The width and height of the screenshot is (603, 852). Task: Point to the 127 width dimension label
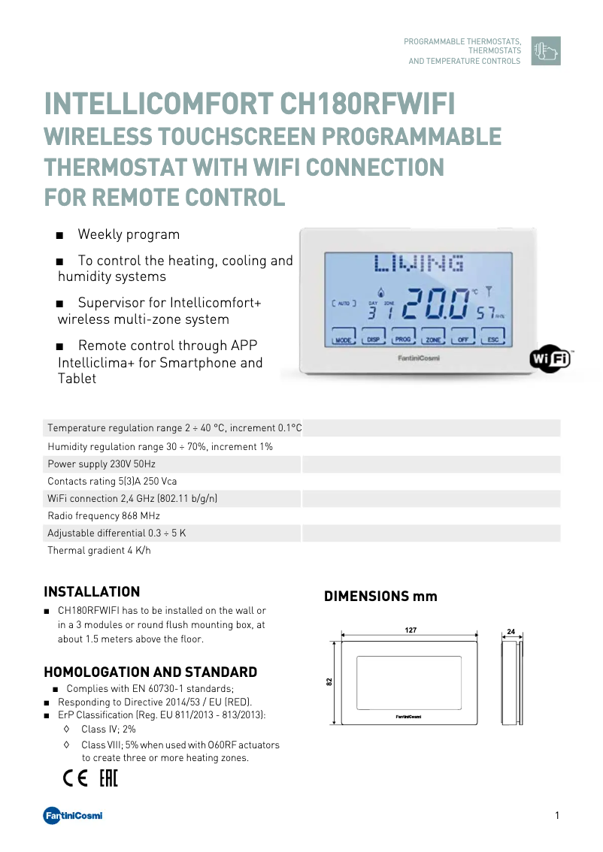tap(411, 630)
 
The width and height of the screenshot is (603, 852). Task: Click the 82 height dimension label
tap(329, 681)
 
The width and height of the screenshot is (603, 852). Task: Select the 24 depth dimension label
tap(511, 632)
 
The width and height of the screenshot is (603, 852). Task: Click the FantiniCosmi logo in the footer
tap(73, 816)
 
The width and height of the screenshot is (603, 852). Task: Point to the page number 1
tap(557, 816)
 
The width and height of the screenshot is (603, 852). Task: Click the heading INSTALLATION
tap(92, 592)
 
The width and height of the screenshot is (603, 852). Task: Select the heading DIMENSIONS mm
tap(380, 597)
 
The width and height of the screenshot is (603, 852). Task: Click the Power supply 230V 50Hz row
tap(102, 464)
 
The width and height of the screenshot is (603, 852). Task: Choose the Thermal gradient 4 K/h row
tap(99, 551)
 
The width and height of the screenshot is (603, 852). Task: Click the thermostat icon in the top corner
tap(546, 51)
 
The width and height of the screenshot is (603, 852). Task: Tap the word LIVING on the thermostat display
tap(419, 264)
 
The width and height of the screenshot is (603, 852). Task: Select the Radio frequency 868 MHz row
tap(104, 516)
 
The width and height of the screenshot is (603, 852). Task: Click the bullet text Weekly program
tap(129, 234)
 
